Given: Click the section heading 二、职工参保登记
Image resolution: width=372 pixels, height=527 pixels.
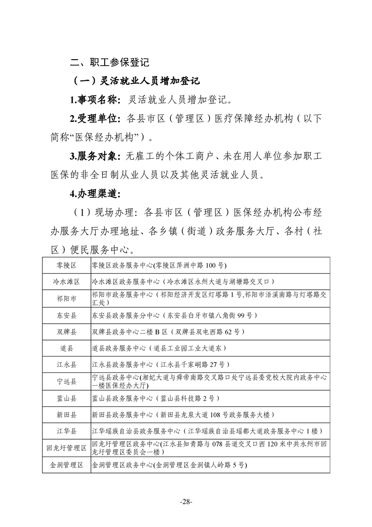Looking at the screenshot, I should tap(109, 62).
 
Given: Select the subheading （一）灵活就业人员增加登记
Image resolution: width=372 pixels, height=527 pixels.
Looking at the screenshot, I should tap(134, 81).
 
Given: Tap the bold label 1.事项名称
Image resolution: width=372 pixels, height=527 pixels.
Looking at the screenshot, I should tap(95, 100).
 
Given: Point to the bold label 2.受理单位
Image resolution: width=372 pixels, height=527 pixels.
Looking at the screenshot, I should tap(95, 118).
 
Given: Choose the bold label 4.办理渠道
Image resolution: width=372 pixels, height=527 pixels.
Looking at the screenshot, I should tap(95, 193).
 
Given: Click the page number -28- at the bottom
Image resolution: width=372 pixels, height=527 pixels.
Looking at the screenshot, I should tap(186, 502).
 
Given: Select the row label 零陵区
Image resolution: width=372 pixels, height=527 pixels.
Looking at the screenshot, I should tap(66, 265).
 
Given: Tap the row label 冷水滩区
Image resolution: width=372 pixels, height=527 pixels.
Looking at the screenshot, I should tap(66, 282).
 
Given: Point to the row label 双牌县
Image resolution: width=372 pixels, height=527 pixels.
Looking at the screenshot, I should tap(66, 332).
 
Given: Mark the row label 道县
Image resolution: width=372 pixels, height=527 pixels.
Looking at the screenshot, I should tap(66, 348).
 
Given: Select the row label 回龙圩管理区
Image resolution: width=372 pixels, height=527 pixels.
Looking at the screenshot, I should tap(66, 448).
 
